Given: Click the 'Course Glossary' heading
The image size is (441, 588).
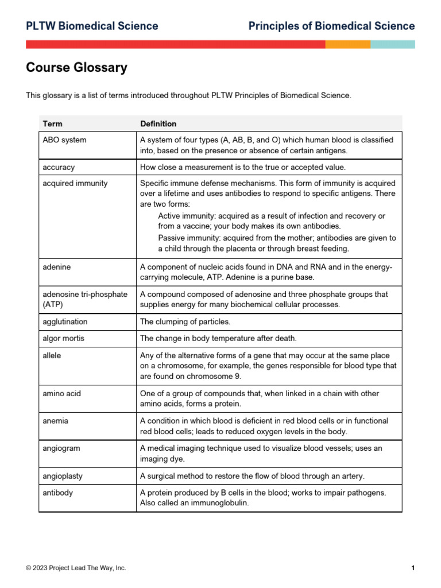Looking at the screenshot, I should (x=76, y=68).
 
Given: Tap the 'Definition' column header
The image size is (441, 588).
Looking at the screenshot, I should (x=158, y=123).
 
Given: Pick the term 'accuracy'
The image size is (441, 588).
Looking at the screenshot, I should (x=59, y=167).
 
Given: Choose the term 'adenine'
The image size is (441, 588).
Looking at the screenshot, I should (x=57, y=267).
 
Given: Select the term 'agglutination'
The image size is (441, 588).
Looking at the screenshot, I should (x=65, y=322).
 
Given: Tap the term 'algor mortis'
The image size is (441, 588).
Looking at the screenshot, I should (x=63, y=338).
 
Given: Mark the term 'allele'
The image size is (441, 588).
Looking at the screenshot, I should (x=52, y=355).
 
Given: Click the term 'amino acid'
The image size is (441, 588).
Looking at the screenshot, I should (x=61, y=393).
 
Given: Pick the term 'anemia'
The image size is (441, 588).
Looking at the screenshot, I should (x=55, y=421).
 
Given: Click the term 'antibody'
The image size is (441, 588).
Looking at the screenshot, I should (x=57, y=492).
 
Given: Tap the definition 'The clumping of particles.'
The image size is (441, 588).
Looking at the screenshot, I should (x=185, y=322).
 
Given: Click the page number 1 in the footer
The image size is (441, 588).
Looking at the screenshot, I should (x=413, y=568).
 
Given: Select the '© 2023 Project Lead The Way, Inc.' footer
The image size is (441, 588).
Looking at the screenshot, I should (x=76, y=568).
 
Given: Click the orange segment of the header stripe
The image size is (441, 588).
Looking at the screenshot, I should (x=347, y=44).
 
